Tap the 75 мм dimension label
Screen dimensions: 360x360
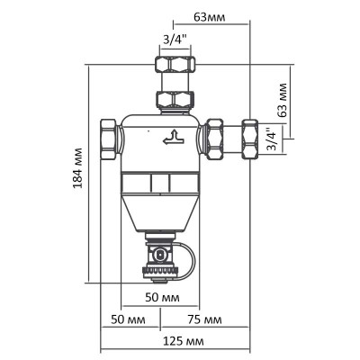coord(206,320)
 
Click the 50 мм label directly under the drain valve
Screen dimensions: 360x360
coord(159,297)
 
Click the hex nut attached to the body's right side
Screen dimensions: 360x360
coord(217,138)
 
